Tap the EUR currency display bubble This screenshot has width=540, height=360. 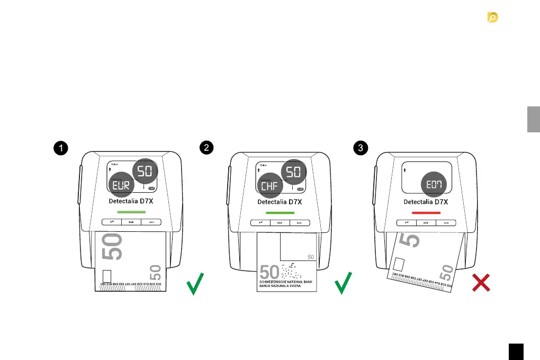coord(121,185)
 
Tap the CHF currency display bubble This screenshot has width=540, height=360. coord(270,185)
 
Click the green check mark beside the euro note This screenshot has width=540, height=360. coord(195,284)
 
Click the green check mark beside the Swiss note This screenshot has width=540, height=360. coord(344,284)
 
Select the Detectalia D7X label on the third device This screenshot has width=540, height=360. coord(426,202)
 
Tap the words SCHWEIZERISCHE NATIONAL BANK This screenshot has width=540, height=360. coord(286,283)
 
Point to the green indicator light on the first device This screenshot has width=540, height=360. coord(131,212)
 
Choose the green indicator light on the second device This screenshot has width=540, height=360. coord(280,212)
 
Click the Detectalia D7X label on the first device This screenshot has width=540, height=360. coord(131,202)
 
